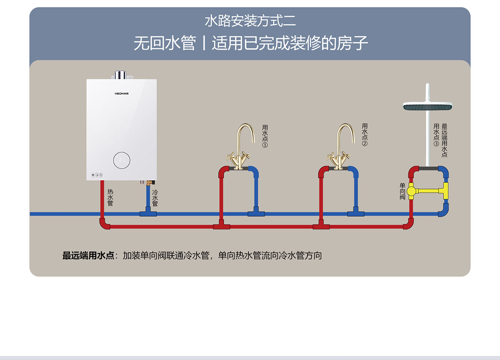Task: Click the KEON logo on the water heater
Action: tap(122, 93)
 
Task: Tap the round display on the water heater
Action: tap(122, 160)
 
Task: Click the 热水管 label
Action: tap(110, 197)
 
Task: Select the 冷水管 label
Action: tap(155, 198)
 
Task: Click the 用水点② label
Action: tap(365, 135)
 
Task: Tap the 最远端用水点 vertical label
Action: tap(444, 140)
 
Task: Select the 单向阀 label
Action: tap(402, 191)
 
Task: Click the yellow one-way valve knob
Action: tap(411, 191)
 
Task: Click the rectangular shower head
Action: tap(428, 107)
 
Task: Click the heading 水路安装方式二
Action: tap(250, 21)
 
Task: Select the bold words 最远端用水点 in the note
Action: tap(88, 255)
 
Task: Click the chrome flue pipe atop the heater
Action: tap(120, 75)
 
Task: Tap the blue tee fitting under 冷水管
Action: tap(147, 213)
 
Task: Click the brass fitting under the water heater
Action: tap(148, 182)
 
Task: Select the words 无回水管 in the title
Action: tap(164, 43)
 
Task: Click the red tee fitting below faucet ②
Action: tap(321, 226)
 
